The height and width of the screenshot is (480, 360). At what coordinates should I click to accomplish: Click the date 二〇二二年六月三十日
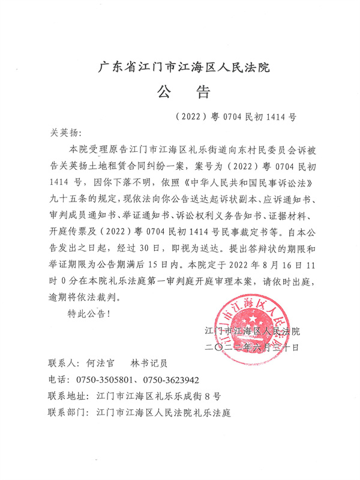click(251, 347)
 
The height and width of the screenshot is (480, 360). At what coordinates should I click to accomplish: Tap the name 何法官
click(101, 364)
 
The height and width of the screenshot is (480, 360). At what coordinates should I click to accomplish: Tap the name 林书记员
click(149, 364)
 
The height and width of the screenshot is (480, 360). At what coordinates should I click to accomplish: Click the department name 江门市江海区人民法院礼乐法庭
click(163, 413)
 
